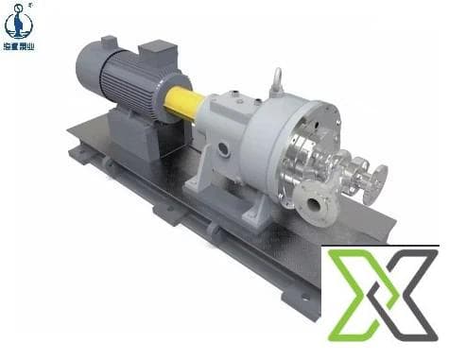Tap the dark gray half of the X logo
pos(407,298)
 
